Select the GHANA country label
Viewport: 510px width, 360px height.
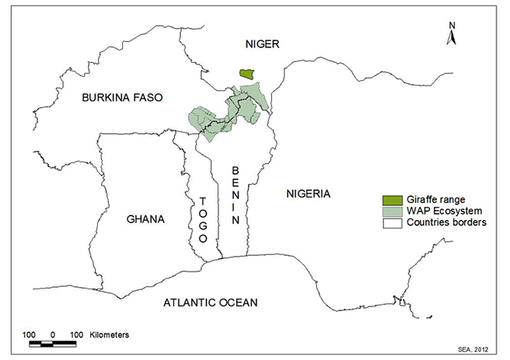[145, 219]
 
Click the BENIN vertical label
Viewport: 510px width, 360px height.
[234, 194]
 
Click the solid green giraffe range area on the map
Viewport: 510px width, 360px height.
[247, 73]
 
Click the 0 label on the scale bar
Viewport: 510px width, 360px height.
[52, 334]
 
